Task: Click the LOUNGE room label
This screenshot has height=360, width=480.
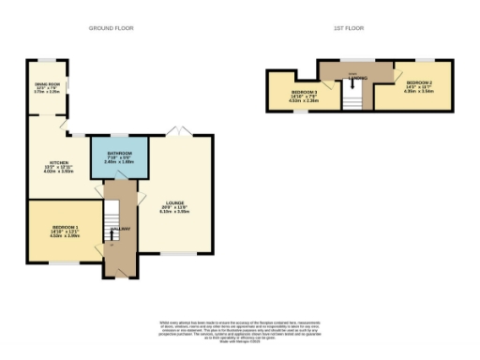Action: point(176,208)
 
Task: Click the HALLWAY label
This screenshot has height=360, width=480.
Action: point(119,230)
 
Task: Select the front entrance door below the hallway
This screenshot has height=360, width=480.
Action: point(119,276)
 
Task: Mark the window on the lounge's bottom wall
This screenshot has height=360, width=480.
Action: point(176,253)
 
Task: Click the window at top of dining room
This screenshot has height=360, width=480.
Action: point(47,61)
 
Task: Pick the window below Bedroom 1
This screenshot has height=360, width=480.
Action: point(63,262)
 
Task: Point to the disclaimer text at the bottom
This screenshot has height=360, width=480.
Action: point(239,330)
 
